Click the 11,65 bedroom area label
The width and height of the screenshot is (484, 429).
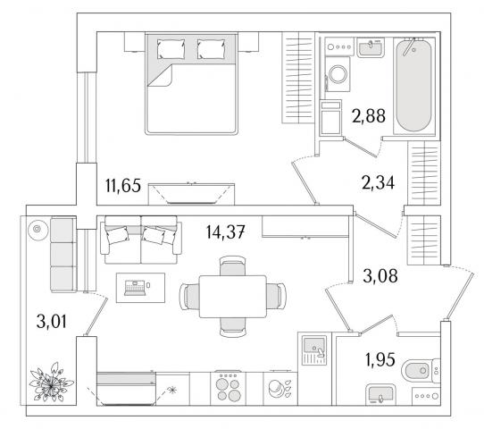tap(123, 186)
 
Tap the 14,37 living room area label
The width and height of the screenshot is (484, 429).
tap(226, 232)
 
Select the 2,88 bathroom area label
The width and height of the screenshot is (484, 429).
tap(369, 116)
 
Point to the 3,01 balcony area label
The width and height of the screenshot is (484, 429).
tap(51, 322)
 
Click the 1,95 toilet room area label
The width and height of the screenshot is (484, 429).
tap(380, 360)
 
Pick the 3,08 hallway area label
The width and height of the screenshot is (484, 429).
tap(380, 276)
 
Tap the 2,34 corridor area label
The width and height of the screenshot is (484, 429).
tap(378, 182)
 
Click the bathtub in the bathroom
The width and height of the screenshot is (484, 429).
tap(414, 86)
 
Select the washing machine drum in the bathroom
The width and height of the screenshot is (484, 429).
tap(338, 74)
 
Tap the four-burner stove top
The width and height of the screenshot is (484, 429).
tap(228, 389)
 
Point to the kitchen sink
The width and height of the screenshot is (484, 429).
tap(314, 350)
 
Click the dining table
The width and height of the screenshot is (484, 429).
tap(233, 297)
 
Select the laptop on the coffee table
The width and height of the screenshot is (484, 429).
tap(135, 288)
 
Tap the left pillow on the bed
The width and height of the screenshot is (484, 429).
tap(171, 48)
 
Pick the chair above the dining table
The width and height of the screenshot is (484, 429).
tap(233, 266)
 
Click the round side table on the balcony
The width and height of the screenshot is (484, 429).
tap(38, 229)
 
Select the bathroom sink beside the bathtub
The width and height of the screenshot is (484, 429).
tap(371, 48)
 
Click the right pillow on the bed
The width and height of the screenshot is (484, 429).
tap(211, 48)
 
